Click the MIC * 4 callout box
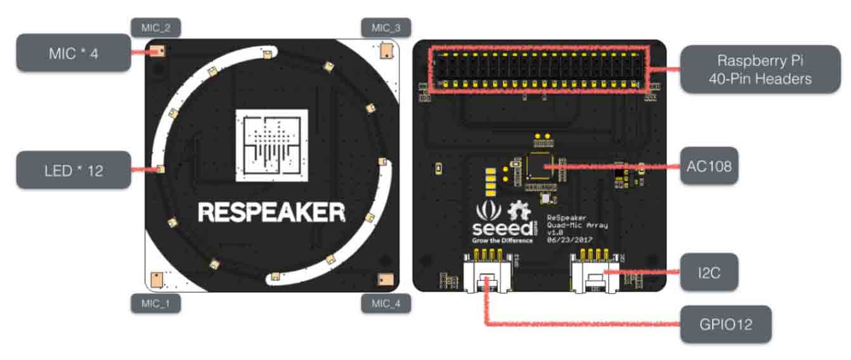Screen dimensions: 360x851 click(x=73, y=53)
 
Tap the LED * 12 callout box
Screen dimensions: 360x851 click(x=73, y=170)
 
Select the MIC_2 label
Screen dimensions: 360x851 click(x=155, y=27)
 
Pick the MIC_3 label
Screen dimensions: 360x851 click(x=386, y=27)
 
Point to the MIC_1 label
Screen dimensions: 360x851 click(x=155, y=304)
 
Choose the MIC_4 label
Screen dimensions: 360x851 click(x=386, y=304)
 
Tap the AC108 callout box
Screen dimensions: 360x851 click(x=709, y=166)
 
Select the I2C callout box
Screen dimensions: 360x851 click(x=709, y=272)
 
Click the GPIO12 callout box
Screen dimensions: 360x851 click(x=725, y=325)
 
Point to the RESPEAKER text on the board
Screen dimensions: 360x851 click(x=272, y=212)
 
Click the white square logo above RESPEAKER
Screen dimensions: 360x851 click(x=271, y=146)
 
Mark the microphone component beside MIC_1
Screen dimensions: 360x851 click(x=157, y=278)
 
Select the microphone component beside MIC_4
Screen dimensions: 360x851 click(x=385, y=279)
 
